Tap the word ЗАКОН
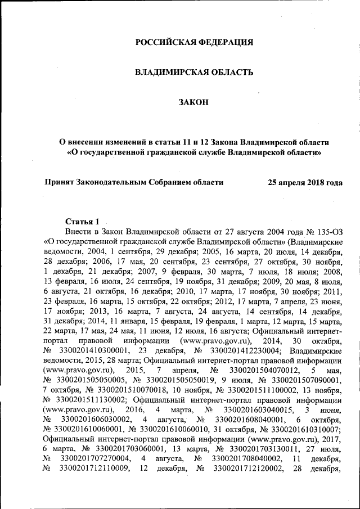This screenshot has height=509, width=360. [194, 102]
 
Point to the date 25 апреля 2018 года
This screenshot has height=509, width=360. [305, 182]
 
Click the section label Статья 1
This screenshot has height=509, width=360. [82, 220]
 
